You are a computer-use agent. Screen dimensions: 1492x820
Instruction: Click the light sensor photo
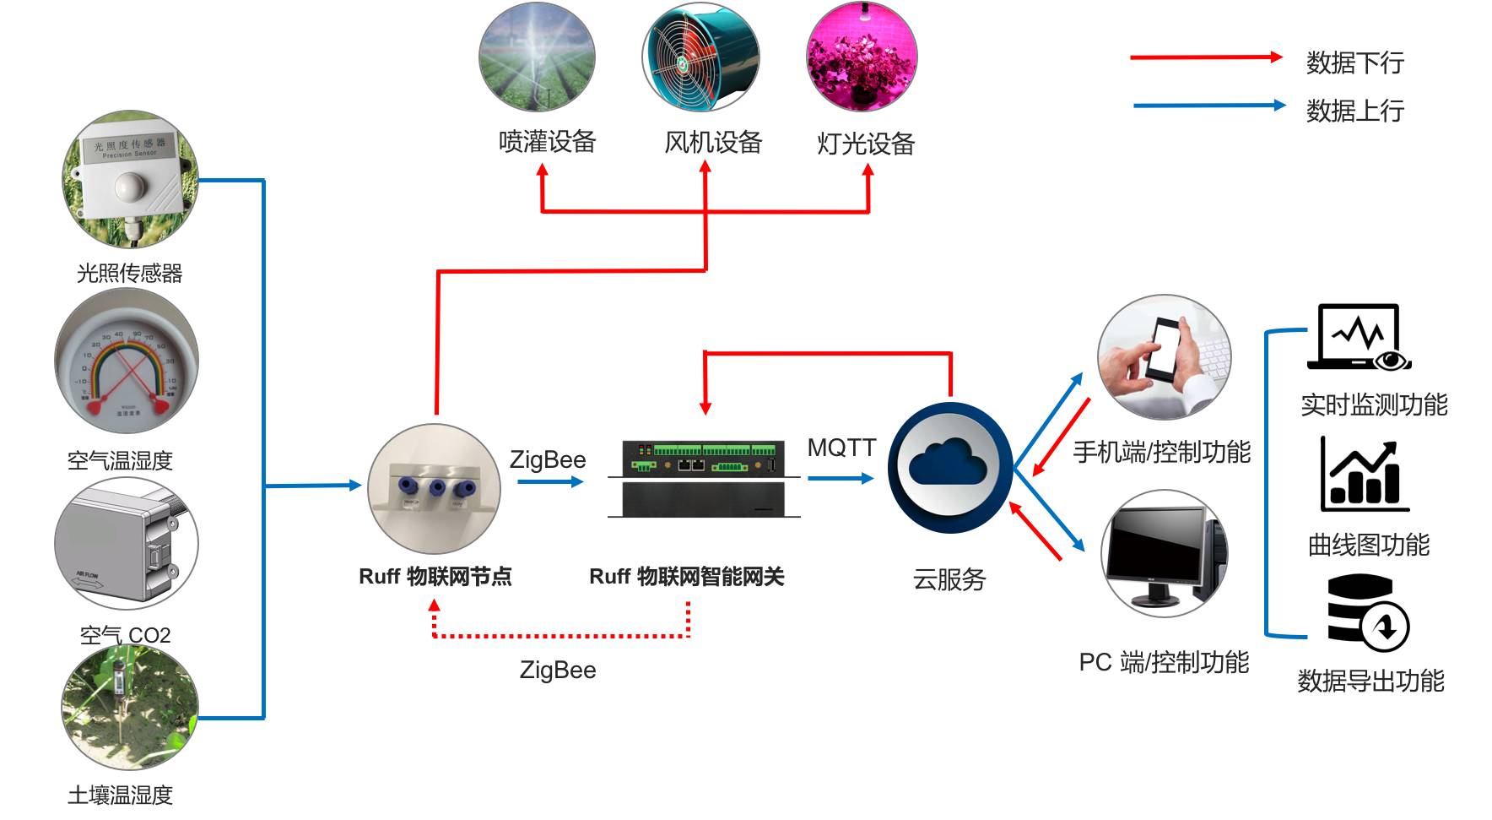(x=130, y=179)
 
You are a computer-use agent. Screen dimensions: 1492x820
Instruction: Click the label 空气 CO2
(x=125, y=635)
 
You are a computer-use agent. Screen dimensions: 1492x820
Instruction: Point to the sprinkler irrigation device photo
(x=537, y=57)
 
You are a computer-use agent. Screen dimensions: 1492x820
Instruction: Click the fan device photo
(x=700, y=57)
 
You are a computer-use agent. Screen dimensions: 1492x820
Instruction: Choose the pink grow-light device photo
(x=862, y=57)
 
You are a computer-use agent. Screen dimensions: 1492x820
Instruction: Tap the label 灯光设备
(x=866, y=144)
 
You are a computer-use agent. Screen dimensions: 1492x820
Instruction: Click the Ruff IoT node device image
(x=434, y=489)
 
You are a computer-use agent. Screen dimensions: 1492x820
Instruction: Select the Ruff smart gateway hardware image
(x=704, y=477)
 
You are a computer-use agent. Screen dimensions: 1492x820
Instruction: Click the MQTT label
(x=841, y=448)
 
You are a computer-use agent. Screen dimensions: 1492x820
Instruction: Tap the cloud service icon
(x=949, y=467)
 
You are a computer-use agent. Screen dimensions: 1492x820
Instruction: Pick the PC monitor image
(x=1165, y=553)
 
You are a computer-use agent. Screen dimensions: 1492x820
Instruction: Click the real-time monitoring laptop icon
(x=1359, y=338)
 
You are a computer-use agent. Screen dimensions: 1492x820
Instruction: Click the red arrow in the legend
(x=1207, y=57)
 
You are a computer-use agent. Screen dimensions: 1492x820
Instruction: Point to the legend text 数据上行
(x=1354, y=111)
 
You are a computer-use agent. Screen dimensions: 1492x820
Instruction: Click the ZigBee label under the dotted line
(x=558, y=671)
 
